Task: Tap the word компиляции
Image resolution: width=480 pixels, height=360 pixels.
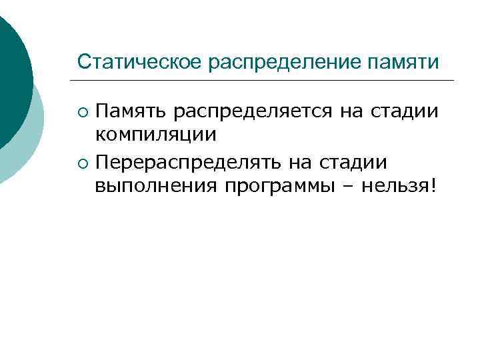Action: [155, 135]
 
